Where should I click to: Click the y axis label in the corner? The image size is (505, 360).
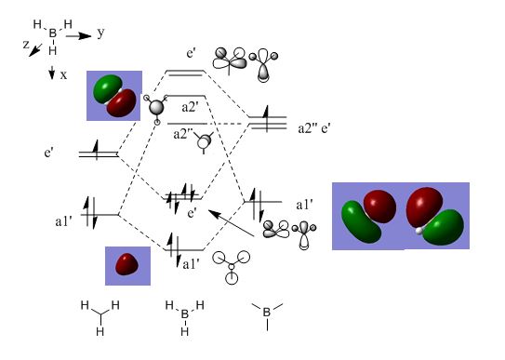[100, 33]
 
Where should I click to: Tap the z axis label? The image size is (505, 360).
[26, 45]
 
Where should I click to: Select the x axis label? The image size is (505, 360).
[64, 75]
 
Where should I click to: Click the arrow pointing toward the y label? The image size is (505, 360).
[78, 36]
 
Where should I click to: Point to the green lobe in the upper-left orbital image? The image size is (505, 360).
[107, 87]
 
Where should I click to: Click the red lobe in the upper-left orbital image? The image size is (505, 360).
[122, 103]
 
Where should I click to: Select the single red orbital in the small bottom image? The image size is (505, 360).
[126, 264]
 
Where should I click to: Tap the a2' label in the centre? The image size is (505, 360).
[190, 107]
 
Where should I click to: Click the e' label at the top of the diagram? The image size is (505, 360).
[191, 53]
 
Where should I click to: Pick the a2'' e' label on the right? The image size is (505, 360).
[314, 128]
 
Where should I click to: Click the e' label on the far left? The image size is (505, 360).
[48, 153]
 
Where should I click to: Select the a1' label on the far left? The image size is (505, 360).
[63, 221]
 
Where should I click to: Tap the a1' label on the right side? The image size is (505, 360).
[304, 205]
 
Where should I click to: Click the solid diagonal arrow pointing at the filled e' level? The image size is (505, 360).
[232, 223]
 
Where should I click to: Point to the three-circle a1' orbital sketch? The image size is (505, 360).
[232, 267]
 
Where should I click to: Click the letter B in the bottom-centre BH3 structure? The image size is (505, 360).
[184, 314]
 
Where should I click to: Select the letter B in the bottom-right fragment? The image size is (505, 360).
[267, 312]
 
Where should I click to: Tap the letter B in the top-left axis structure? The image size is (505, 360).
[52, 33]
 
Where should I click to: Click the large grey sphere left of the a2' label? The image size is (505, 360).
[157, 107]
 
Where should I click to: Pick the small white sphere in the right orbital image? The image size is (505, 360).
[419, 231]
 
